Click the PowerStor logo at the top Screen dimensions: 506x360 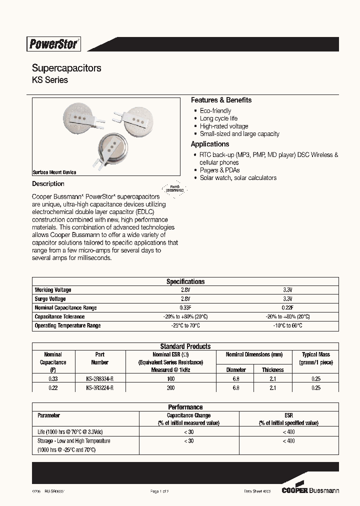pyautogui.click(x=54, y=44)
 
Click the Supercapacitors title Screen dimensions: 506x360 pyautogui.click(x=66, y=68)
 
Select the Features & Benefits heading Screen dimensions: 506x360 pyautogui.click(x=221, y=100)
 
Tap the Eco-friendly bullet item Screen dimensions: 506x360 pyautogui.click(x=215, y=110)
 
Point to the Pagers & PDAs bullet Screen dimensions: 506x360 pyautogui.click(x=219, y=170)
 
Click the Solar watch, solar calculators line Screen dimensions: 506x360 pyautogui.click(x=237, y=177)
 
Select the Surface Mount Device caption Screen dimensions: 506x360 pyautogui.click(x=54, y=172)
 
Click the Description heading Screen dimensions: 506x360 pyautogui.click(x=48, y=183)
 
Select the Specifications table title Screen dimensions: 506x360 pyautogui.click(x=185, y=281)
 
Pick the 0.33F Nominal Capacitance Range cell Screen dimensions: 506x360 pyautogui.click(x=185, y=308)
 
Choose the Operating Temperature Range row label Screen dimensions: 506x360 pyautogui.click(x=67, y=325)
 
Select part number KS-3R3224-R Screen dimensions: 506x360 pyautogui.click(x=100, y=387)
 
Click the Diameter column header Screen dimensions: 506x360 pyautogui.click(x=236, y=370)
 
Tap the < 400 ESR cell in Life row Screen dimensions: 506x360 pyautogui.click(x=288, y=431)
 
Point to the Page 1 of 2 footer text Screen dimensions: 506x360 pyautogui.click(x=160, y=491)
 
